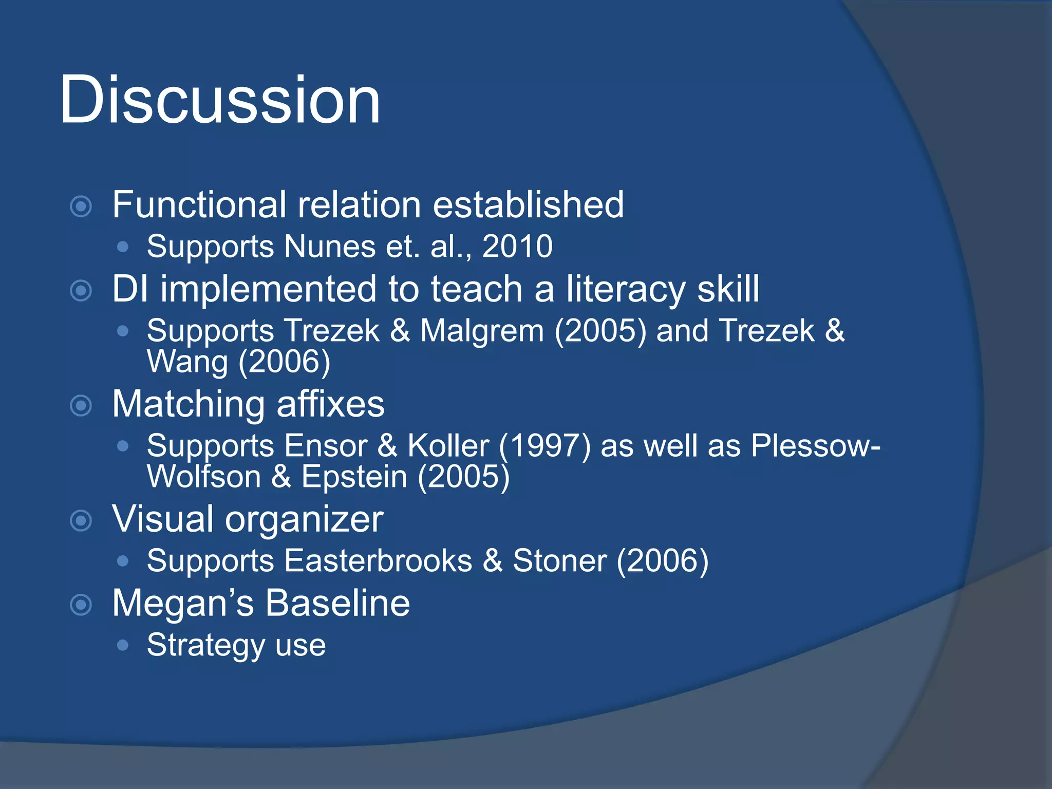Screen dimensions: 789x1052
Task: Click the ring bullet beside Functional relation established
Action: (81, 206)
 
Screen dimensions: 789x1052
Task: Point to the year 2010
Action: (517, 247)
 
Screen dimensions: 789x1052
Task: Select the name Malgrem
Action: (482, 330)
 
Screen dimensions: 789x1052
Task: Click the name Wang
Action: (187, 362)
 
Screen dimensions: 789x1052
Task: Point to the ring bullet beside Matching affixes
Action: (81, 406)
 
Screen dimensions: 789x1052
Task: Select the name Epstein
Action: (354, 477)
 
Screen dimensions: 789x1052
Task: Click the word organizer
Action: (304, 519)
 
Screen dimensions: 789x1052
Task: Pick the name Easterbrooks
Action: (378, 560)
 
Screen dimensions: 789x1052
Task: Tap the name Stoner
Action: (559, 560)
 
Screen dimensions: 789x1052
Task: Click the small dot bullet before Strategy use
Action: (122, 645)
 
